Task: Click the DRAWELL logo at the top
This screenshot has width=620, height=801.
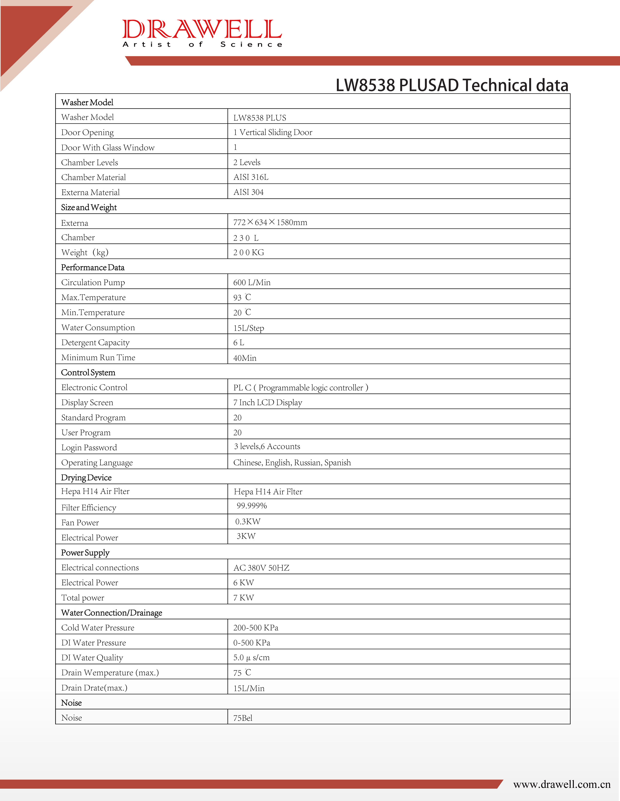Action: coord(202,33)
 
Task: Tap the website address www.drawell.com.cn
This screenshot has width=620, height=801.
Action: coord(562,784)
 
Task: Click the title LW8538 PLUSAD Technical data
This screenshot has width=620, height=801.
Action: coord(452,85)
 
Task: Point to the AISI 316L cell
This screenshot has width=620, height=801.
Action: coord(251,177)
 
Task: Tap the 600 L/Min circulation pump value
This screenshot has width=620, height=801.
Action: coord(252,282)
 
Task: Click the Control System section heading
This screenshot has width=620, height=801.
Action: coord(88,373)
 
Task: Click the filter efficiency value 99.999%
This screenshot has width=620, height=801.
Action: coord(252,506)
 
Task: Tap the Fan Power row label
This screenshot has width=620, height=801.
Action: coord(80,523)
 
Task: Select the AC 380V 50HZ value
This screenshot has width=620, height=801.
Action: coord(261,568)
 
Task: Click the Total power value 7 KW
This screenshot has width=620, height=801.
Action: coord(244,598)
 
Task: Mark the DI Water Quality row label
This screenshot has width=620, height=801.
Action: coord(92,658)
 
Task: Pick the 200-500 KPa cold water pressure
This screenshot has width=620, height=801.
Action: coord(256,627)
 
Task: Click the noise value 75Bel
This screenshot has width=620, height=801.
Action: coord(243,718)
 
